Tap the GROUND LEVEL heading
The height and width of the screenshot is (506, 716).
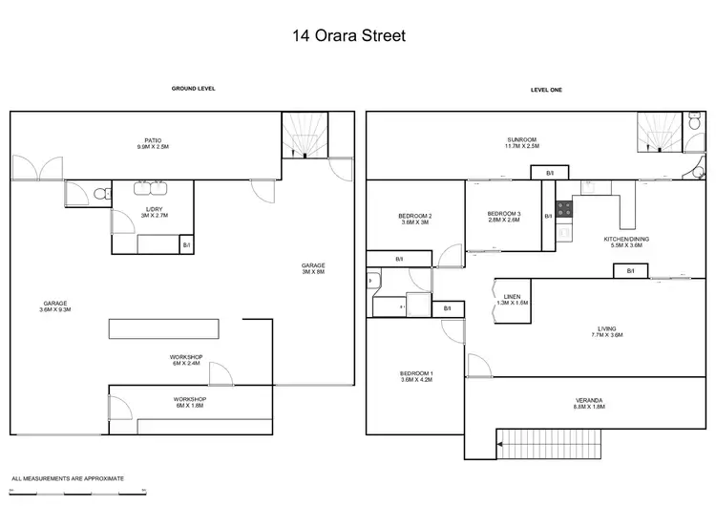[x=193, y=88]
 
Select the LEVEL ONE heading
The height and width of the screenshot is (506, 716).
[x=548, y=89]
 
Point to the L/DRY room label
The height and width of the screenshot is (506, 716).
[x=154, y=211]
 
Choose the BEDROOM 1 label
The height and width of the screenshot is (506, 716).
[x=416, y=375]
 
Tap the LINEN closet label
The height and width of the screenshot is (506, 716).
[x=512, y=299]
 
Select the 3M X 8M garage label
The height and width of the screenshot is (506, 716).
[x=313, y=268]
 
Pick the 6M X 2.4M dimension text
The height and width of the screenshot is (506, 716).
[x=186, y=362]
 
